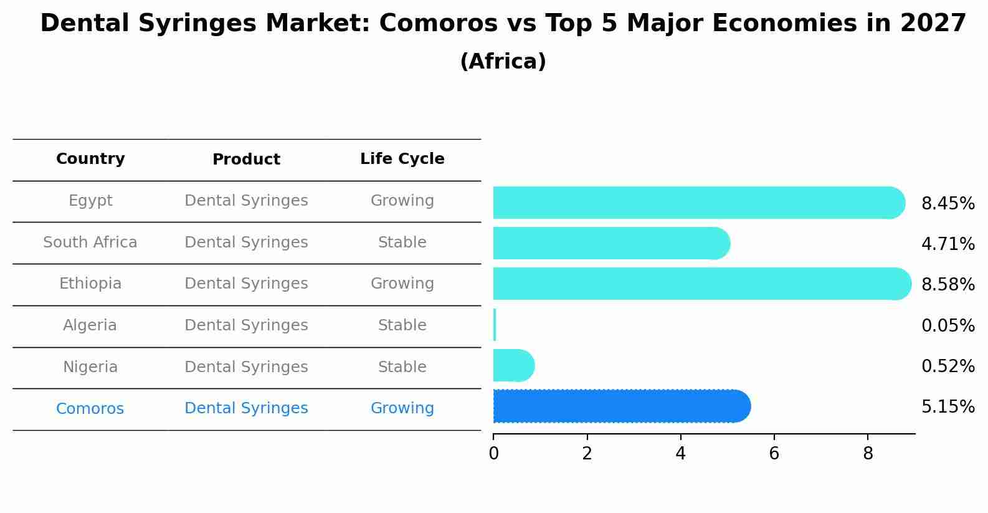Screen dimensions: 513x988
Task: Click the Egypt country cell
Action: point(90,201)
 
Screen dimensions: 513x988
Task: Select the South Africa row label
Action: point(90,242)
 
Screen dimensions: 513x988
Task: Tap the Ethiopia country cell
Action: point(90,284)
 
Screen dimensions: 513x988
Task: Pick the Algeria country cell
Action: point(90,325)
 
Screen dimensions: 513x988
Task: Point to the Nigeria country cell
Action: point(90,367)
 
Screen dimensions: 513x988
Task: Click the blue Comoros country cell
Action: point(90,409)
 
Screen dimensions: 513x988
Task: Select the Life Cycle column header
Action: point(402,159)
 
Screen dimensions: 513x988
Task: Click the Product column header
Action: point(246,160)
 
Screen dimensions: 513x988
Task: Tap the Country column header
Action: point(90,159)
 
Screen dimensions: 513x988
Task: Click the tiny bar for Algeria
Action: point(495,325)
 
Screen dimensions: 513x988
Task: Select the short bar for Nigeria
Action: point(513,365)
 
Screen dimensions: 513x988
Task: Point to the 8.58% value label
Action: point(948,285)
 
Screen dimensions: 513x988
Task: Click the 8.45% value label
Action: point(948,204)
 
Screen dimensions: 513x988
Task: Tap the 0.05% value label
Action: point(948,326)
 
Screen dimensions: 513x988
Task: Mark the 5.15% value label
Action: point(948,407)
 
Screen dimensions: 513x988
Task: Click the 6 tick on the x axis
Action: point(774,454)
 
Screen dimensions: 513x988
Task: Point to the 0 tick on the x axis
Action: point(493,454)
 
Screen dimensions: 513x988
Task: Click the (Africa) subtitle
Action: point(503,62)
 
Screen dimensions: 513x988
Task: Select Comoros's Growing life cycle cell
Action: point(402,408)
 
